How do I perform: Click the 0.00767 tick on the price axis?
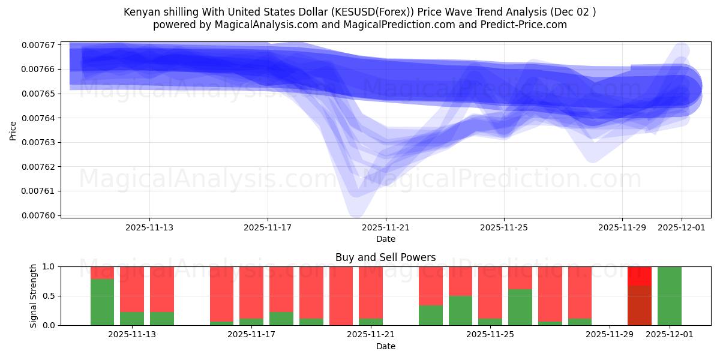(x=37, y=45)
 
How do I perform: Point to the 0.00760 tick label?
(x=37, y=215)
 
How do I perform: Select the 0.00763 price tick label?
(x=37, y=142)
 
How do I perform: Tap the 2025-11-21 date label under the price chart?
(x=386, y=227)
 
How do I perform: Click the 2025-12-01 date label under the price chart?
(x=682, y=227)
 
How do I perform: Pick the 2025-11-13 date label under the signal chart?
(x=132, y=335)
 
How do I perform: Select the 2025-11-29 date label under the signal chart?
(x=609, y=335)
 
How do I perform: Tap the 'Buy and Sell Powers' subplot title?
(x=385, y=257)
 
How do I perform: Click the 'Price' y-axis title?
(x=13, y=130)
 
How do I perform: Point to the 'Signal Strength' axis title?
(x=34, y=296)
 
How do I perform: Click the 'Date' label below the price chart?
(x=385, y=239)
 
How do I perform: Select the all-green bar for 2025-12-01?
(x=669, y=296)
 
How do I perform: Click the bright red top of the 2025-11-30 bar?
(x=640, y=276)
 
